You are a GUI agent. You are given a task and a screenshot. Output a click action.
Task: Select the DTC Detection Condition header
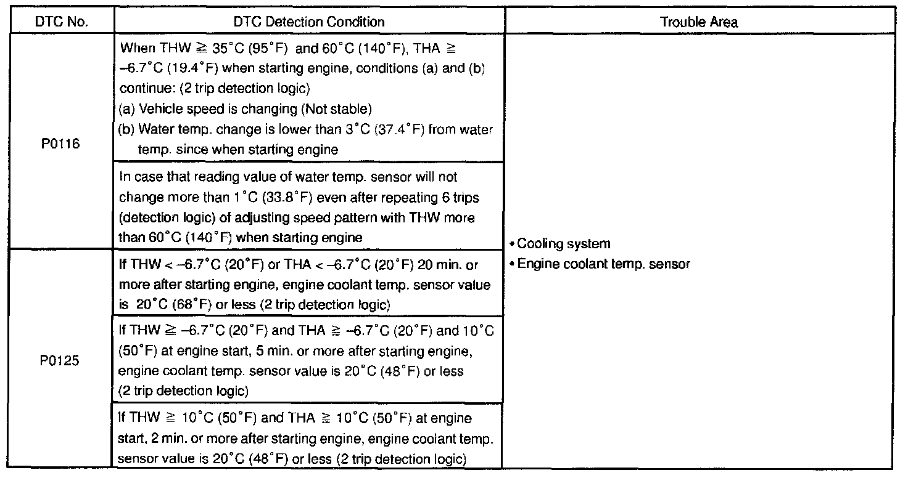pyautogui.click(x=309, y=22)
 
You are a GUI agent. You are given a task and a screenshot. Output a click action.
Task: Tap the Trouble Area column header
pyautogui.click(x=699, y=22)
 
